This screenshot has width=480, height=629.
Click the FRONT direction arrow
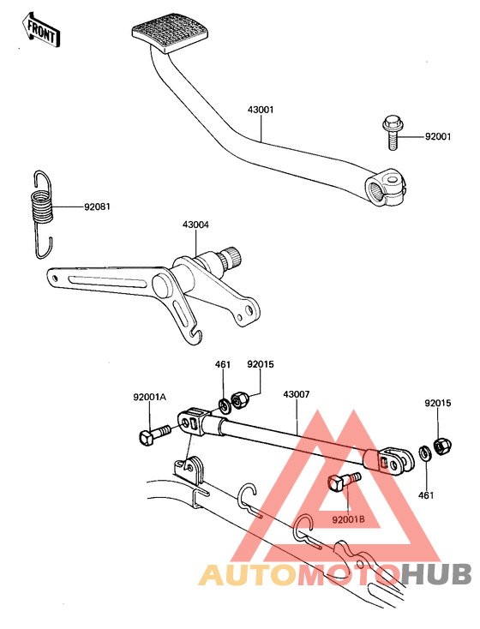[x=41, y=29]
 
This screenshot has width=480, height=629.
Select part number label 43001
[x=261, y=110]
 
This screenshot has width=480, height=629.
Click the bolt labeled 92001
[x=392, y=132]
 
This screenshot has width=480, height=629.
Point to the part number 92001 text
[x=438, y=137]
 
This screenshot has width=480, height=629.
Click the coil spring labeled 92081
[x=41, y=214]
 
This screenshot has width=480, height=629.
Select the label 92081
[x=97, y=207]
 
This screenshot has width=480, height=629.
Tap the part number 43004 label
[x=195, y=225]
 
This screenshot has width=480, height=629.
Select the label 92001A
[x=150, y=397]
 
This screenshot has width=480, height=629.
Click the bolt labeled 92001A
[x=154, y=434]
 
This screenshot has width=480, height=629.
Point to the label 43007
[x=297, y=394]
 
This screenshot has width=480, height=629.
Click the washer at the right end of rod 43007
[x=424, y=452]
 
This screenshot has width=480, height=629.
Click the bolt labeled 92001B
[x=344, y=482]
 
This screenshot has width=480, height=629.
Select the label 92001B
[x=348, y=519]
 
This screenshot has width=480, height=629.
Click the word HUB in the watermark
[x=436, y=575]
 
